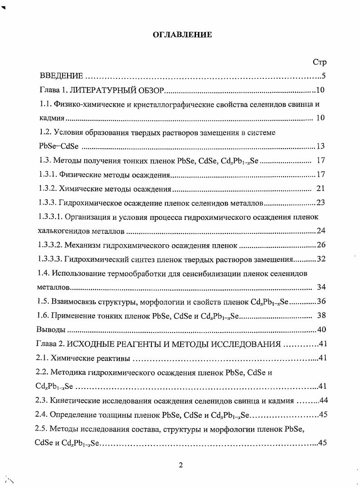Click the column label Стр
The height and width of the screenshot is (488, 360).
click(319, 62)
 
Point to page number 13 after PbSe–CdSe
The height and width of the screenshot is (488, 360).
click(321, 146)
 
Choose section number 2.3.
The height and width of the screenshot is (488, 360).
click(42, 401)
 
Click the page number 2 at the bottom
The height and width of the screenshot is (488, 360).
click(180, 465)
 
